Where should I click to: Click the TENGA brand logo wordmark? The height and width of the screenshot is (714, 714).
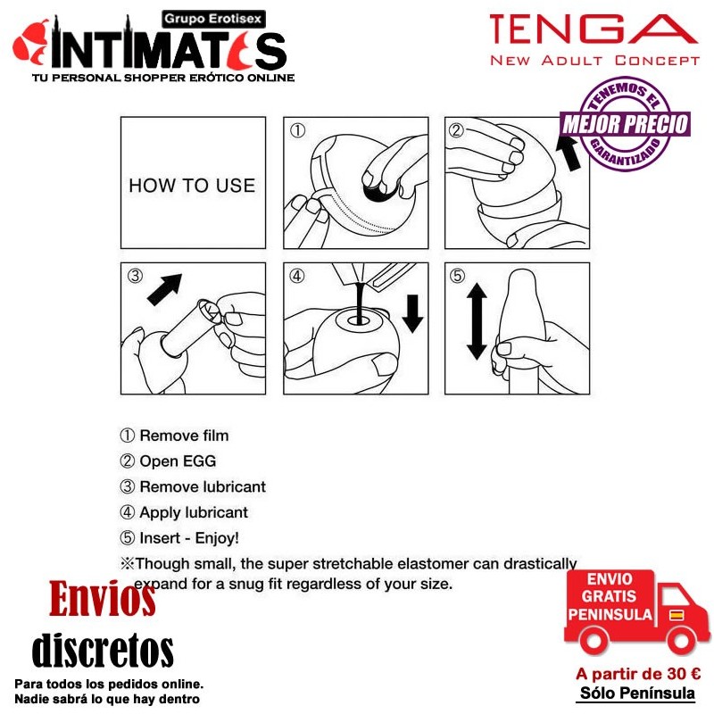pos(594,29)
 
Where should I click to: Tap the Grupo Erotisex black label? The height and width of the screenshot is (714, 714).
pos(213,19)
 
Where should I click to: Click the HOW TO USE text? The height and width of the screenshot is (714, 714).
pos(192,186)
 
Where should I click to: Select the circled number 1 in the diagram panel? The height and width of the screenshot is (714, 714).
pos(297,130)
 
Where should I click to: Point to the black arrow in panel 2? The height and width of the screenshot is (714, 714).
pos(569,153)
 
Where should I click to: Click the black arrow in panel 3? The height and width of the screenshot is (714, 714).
pos(165,289)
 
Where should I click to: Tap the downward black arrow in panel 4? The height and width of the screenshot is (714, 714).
pos(412,314)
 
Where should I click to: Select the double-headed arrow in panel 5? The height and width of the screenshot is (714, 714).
pos(477,321)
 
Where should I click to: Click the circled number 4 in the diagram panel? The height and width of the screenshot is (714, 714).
pos(297,276)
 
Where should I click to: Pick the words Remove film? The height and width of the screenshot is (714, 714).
pos(184,436)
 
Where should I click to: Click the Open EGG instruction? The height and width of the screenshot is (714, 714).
pos(178,461)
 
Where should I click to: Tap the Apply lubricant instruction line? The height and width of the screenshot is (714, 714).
pos(194,512)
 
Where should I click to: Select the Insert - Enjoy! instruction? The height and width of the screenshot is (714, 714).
pos(189,538)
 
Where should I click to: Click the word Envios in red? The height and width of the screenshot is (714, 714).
pos(103,598)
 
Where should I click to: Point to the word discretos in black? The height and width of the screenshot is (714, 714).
pos(103,651)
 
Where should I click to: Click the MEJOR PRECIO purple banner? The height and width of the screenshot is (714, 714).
pos(625,124)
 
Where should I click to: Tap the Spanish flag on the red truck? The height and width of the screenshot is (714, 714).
pos(677,615)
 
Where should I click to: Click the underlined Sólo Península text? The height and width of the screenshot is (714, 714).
pos(637,693)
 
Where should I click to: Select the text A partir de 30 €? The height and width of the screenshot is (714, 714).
pos(638,674)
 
